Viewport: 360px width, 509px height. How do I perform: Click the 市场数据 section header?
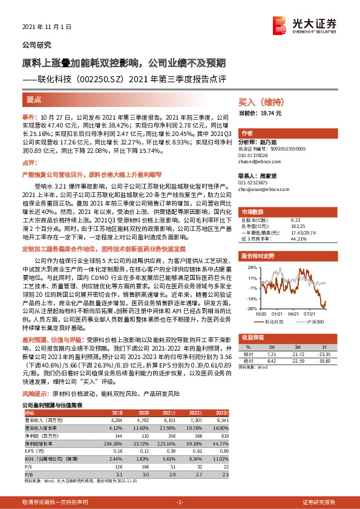click(x=253, y=213)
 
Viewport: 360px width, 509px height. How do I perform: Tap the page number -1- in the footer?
click(x=180, y=502)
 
